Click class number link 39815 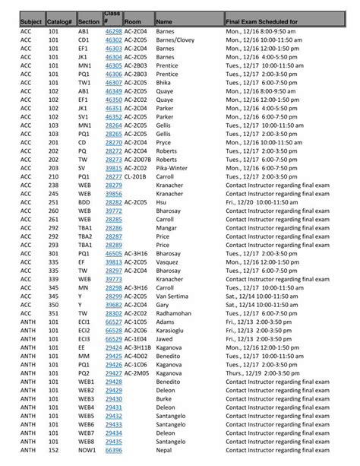click(x=113, y=168)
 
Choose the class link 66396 click(x=113, y=451)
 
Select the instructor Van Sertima click(x=172, y=296)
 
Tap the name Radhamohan click(x=174, y=313)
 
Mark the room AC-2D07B click(x=138, y=160)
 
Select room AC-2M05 click(x=137, y=373)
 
